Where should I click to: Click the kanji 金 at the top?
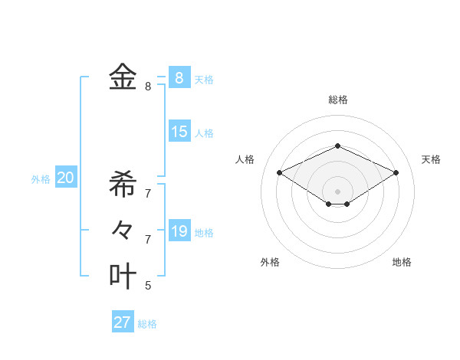click(x=123, y=77)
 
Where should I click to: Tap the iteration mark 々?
click(x=123, y=229)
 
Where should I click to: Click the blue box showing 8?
click(x=179, y=77)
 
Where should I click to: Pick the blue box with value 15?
click(x=179, y=132)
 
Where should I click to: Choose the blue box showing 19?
click(x=179, y=231)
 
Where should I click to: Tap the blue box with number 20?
click(x=66, y=178)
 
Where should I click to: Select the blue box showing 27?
click(x=123, y=322)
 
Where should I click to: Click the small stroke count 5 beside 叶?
click(x=148, y=286)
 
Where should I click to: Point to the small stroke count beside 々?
click(x=148, y=239)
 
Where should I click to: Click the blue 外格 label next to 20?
click(x=41, y=179)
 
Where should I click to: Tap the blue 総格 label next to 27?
click(x=147, y=324)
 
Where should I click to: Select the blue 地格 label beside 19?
click(x=205, y=233)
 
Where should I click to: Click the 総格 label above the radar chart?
click(x=338, y=100)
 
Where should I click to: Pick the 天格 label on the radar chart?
click(x=431, y=159)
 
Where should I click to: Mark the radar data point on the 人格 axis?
click(x=280, y=172)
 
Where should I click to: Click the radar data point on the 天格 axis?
click(x=396, y=172)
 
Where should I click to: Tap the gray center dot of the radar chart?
click(x=337, y=191)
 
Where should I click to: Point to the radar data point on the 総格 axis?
click(x=337, y=146)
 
